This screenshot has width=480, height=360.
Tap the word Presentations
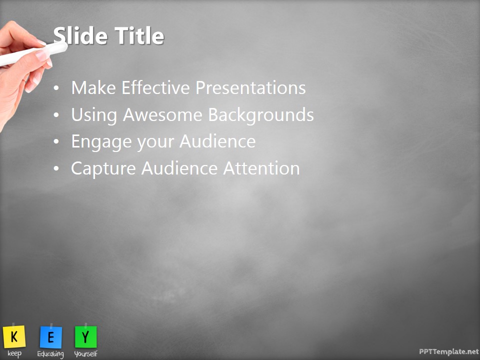pyautogui.click(x=250, y=88)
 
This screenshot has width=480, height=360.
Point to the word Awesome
pyautogui.click(x=163, y=115)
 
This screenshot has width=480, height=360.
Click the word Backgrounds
pyautogui.click(x=261, y=115)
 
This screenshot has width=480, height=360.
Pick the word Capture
pyautogui.click(x=103, y=168)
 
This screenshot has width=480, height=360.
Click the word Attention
pyautogui.click(x=261, y=168)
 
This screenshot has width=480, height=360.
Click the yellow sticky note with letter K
pyautogui.click(x=14, y=336)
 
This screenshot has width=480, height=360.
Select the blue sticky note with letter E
pyautogui.click(x=50, y=337)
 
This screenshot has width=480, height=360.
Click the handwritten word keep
pyautogui.click(x=14, y=353)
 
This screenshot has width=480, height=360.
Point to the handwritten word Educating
pyautogui.click(x=50, y=354)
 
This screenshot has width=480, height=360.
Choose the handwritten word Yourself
pyautogui.click(x=85, y=354)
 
